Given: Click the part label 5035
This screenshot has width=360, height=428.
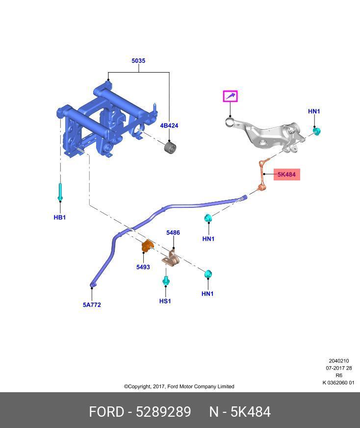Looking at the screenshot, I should pyautogui.click(x=138, y=61).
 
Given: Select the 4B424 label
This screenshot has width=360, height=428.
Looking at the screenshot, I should pyautogui.click(x=169, y=126).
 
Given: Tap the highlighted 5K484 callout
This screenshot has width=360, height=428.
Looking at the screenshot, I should pyautogui.click(x=286, y=175).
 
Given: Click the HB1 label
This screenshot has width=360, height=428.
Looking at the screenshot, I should pyautogui.click(x=59, y=217).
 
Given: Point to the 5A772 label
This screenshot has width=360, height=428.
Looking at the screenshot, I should pyautogui.click(x=92, y=304).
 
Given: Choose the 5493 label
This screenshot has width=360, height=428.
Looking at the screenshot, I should pyautogui.click(x=143, y=267).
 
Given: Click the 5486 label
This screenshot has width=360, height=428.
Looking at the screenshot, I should pyautogui.click(x=173, y=233).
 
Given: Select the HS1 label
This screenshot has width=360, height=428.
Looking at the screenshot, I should pyautogui.click(x=165, y=301).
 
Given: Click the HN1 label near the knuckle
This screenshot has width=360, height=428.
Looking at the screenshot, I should pyautogui.click(x=314, y=111).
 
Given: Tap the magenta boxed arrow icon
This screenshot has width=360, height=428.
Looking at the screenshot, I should pyautogui.click(x=230, y=96).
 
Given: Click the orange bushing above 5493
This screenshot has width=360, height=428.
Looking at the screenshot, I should pyautogui.click(x=146, y=246).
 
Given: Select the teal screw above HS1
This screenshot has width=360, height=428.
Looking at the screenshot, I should pyautogui.click(x=166, y=281).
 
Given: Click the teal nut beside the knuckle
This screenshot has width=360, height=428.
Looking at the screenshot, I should pyautogui.click(x=317, y=131).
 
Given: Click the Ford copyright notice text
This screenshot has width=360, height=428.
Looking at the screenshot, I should pyautogui.click(x=179, y=386).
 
